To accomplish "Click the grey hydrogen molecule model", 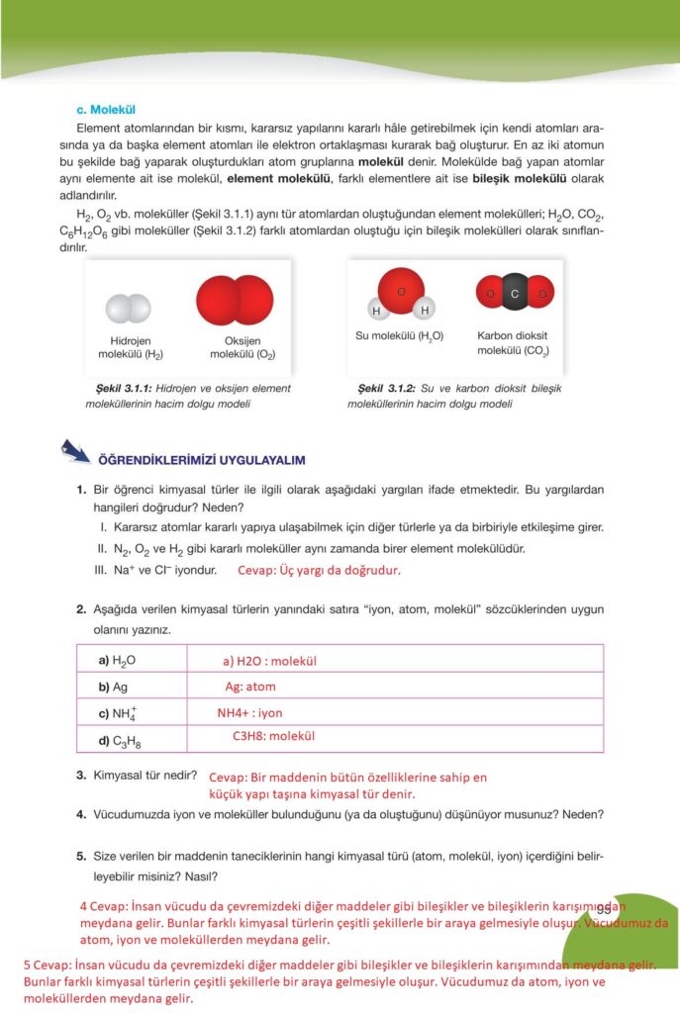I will [130, 309].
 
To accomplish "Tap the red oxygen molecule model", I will [236, 302].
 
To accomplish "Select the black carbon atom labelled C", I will [515, 293].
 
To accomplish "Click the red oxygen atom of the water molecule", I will [401, 292].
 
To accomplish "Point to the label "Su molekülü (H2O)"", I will [399, 336].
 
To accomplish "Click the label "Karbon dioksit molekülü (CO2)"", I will [514, 343].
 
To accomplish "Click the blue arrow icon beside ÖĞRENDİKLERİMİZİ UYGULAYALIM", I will [73, 452].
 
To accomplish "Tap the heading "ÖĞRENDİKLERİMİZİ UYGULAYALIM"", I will [200, 460].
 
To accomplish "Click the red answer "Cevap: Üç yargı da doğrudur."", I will [319, 571].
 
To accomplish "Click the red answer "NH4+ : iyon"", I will [249, 712].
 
